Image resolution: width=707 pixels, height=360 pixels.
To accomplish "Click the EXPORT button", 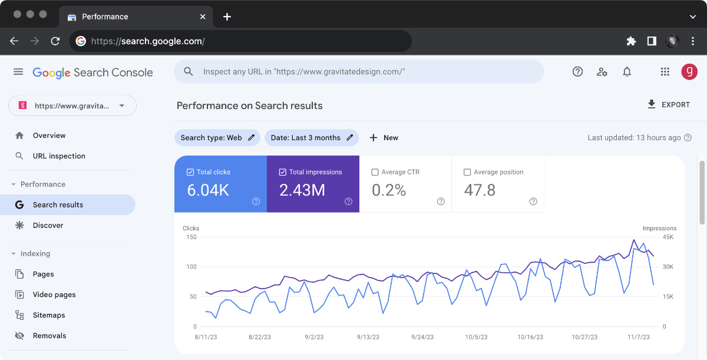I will coord(668,105).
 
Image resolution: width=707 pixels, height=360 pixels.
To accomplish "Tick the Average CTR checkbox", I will coord(375,173).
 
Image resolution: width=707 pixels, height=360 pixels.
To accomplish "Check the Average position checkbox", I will coord(467,173).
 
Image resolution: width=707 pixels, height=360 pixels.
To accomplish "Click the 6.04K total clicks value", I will coord(208,190).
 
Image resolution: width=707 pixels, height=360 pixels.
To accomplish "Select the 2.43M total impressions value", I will coord(302,190).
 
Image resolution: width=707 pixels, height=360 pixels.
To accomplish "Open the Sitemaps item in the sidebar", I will coord(49,315).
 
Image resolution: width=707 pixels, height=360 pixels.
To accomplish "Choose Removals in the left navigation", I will coord(49,336).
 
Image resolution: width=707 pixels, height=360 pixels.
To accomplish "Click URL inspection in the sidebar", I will coord(59,156).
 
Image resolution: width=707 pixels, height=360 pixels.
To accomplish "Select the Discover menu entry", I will coord(48,226).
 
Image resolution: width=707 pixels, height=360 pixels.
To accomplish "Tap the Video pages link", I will coord(54,295).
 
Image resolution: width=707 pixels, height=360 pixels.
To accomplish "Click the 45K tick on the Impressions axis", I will coord(668,237).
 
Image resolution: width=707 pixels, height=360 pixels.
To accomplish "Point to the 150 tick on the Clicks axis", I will coord(190,237).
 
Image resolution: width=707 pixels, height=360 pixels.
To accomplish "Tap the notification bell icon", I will coord(627,72).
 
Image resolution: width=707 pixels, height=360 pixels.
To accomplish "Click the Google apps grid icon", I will coord(665,72).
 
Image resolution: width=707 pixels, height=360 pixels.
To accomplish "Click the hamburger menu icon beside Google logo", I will coord(18,72).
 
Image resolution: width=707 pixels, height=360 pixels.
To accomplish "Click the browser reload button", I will coord(55,41).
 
